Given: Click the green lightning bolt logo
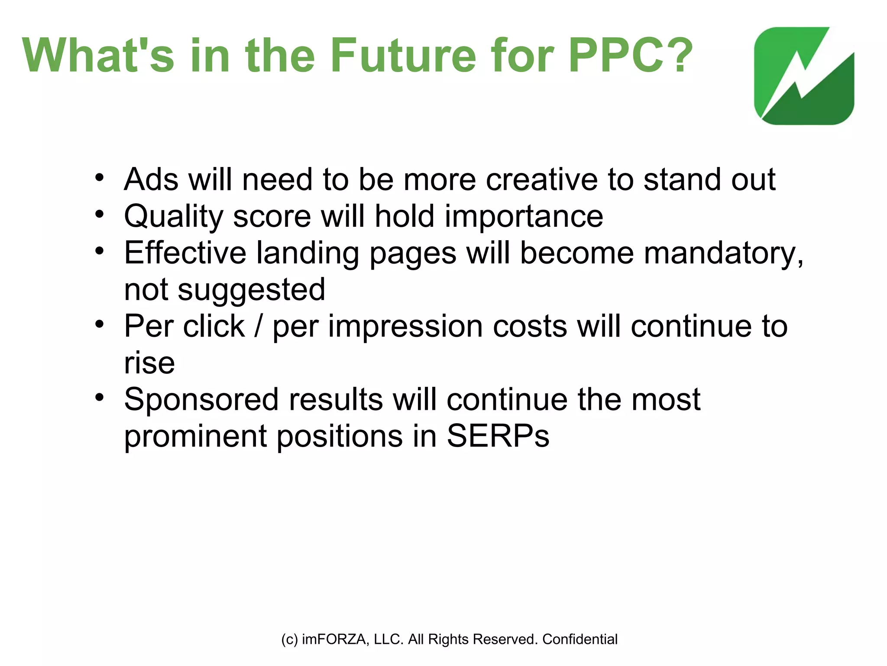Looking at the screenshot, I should (804, 76).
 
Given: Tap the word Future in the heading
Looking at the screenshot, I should (403, 55).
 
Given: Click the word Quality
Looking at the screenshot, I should (174, 216).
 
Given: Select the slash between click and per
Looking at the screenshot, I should (259, 326).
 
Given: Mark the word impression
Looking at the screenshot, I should (405, 326).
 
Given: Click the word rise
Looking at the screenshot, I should (149, 362).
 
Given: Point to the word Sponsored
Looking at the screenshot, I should (201, 399).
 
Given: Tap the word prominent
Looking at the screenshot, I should (195, 436).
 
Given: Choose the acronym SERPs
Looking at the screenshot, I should (498, 436).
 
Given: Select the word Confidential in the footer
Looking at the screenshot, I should (580, 639).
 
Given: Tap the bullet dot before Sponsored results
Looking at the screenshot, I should (100, 397).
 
